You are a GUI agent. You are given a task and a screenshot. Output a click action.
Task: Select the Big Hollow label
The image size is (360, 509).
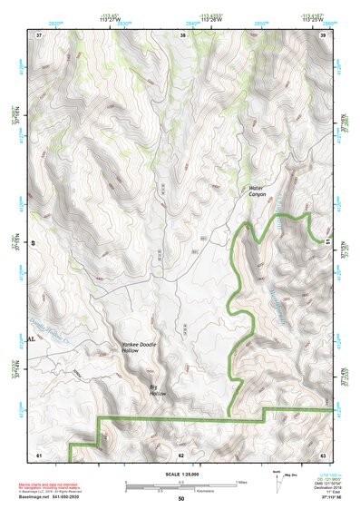pos(158,388)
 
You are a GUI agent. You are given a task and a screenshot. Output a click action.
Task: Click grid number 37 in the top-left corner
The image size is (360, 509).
pos(39,34)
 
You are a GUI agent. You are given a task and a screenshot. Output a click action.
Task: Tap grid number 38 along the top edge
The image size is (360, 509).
pos(182,34)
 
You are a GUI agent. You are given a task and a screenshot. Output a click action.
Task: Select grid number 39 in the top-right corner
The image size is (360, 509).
pos(324,34)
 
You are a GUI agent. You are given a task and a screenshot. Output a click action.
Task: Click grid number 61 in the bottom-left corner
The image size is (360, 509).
pos(39,454)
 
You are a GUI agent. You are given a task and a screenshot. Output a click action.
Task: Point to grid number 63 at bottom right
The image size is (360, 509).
pos(323,454)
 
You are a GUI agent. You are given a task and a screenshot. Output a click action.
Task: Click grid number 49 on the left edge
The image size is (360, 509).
pos(35,242)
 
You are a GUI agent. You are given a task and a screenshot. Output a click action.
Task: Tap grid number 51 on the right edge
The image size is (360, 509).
pos(326,242)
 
